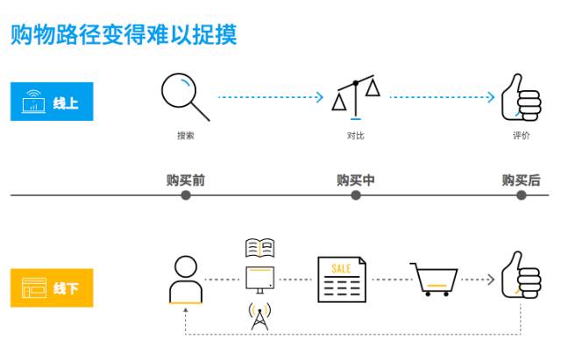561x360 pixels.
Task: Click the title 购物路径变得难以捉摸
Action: point(124,34)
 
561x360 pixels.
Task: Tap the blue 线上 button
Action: point(51,102)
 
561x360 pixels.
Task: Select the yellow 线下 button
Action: point(51,286)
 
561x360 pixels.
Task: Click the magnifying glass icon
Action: point(185,96)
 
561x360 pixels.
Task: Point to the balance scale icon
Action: point(356,98)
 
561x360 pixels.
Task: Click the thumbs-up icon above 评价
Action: point(521,97)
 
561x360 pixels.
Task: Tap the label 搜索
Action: point(186,136)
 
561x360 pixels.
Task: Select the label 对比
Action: point(356,136)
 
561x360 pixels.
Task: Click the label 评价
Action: point(522,136)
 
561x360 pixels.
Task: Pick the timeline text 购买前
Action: point(186,180)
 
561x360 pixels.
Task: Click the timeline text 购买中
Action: point(356,180)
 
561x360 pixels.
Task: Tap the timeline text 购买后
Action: point(522,180)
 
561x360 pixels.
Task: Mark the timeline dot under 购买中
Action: point(356,195)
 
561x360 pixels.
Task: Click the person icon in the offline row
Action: point(185,279)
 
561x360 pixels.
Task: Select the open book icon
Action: point(260,248)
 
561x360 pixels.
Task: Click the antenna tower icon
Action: point(260,316)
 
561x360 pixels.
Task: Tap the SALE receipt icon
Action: point(342,279)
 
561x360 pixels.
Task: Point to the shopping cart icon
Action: point(435,279)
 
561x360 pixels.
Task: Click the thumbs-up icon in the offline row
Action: point(521,276)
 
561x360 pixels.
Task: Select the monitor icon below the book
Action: point(260,279)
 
